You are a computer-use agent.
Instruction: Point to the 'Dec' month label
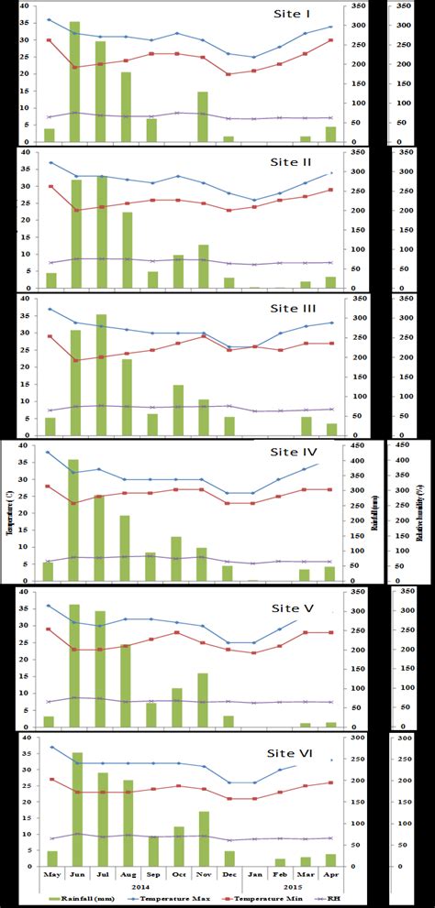click(229, 876)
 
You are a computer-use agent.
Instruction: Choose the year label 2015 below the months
click(291, 888)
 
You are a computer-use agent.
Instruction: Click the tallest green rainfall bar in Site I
click(74, 82)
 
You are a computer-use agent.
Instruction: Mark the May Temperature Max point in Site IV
click(49, 452)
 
